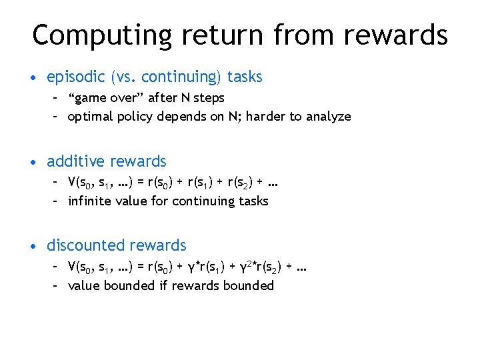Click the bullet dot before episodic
pyautogui.click(x=33, y=78)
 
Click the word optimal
pyautogui.click(x=90, y=117)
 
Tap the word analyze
pyautogui.click(x=327, y=117)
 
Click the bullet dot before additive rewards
pyautogui.click(x=33, y=162)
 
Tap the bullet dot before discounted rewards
pyautogui.click(x=33, y=246)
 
